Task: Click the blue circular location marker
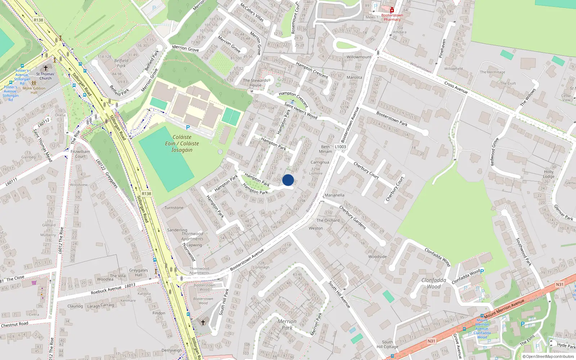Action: coord(288,180)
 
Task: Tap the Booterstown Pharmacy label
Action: coord(392,17)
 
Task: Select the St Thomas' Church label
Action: coord(45,76)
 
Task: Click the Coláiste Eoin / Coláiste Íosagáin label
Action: coord(182,143)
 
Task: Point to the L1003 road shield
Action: coord(340,147)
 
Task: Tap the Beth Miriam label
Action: coord(325,149)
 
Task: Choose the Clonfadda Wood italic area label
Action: coord(434,283)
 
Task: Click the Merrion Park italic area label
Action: coord(287,324)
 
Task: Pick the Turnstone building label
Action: coord(174,208)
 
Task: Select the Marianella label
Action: coord(334,195)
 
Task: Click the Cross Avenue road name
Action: coord(456,87)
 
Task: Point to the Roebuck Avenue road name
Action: coord(106,290)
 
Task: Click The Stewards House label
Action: coord(255,83)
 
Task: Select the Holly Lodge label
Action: coord(549,174)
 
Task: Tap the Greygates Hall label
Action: coord(139,273)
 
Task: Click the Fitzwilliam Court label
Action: coord(80,154)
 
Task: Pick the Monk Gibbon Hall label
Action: coord(34,90)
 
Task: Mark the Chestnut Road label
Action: coord(14,325)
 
